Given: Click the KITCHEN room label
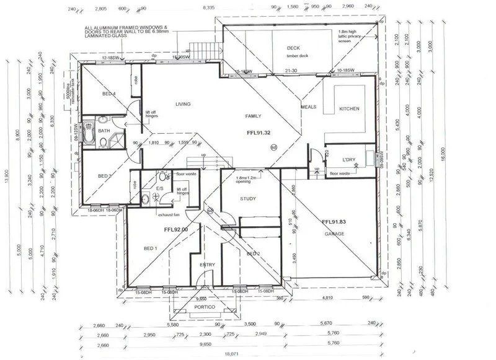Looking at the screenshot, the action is [x=348, y=109].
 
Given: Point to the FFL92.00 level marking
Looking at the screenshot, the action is [x=175, y=229].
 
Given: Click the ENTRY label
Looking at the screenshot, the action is [x=207, y=265].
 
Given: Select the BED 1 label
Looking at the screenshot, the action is [x=151, y=248].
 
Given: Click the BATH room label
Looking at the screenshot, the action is [x=104, y=131].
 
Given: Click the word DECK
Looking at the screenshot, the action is [x=293, y=48].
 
